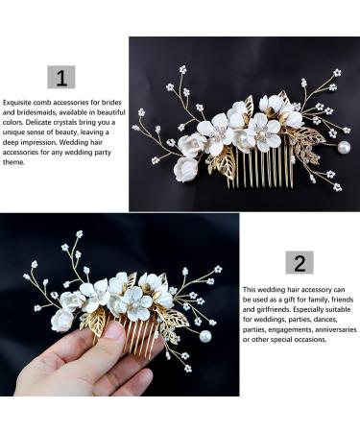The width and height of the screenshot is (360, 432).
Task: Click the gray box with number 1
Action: pos(61,77)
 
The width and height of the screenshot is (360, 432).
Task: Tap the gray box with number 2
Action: pos(300,263)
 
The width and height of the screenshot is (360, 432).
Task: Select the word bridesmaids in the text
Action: pos(35,112)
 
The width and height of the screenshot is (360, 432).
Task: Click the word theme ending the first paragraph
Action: pos(13,162)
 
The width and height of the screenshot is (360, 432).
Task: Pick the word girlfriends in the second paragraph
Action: pos(273,310)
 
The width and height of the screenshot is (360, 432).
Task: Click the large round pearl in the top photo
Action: pos(344,147)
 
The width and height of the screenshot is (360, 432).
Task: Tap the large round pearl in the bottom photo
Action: pos(205,336)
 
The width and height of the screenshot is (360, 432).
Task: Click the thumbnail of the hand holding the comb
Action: pos(120,304)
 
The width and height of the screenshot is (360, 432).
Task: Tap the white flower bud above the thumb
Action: pos(62,321)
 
